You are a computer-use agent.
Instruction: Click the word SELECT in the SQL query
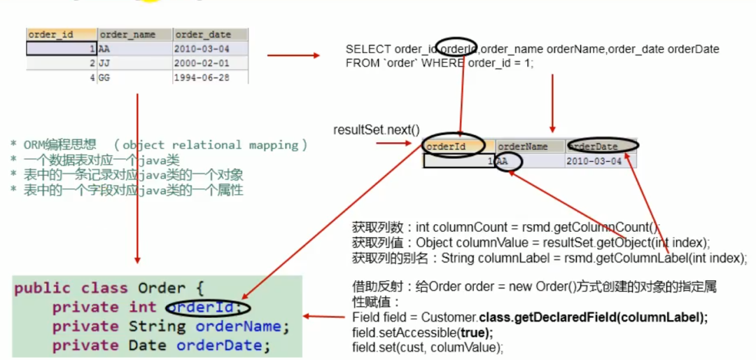368,50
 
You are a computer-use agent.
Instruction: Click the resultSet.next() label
376,130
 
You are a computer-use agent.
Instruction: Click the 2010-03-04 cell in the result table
594,161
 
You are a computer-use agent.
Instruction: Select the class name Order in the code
162,289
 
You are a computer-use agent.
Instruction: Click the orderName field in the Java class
237,326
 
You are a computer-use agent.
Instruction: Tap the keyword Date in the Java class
147,345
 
